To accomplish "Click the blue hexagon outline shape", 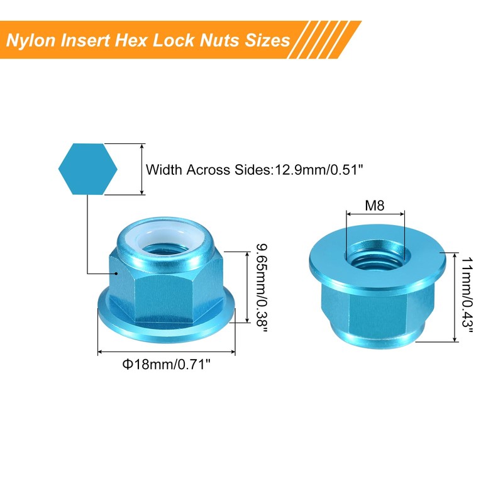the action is click(87, 169).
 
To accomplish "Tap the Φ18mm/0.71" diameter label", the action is click(165, 365).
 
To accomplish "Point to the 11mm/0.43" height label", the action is click(466, 297).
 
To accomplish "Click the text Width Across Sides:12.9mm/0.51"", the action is click(255, 170).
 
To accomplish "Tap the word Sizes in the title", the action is click(267, 40).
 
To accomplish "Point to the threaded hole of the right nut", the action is click(375, 255).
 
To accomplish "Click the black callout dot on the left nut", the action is click(118, 274).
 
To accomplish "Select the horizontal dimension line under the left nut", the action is click(166, 353).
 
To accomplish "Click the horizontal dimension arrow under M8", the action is click(375, 215).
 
